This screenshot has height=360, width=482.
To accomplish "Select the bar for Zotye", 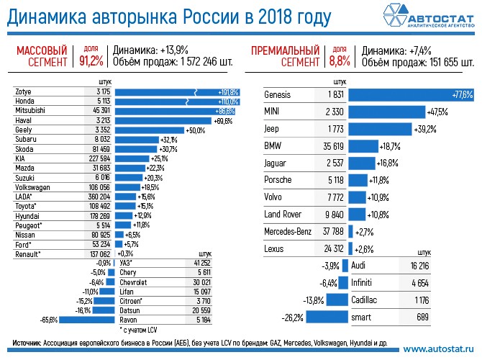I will [177, 93].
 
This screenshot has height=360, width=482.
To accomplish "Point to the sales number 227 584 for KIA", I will [97, 158].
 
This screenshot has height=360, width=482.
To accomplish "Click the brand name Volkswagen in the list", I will [33, 186].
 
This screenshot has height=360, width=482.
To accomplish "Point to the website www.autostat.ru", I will [437, 348].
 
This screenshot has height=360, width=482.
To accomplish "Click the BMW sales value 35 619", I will [332, 146].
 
